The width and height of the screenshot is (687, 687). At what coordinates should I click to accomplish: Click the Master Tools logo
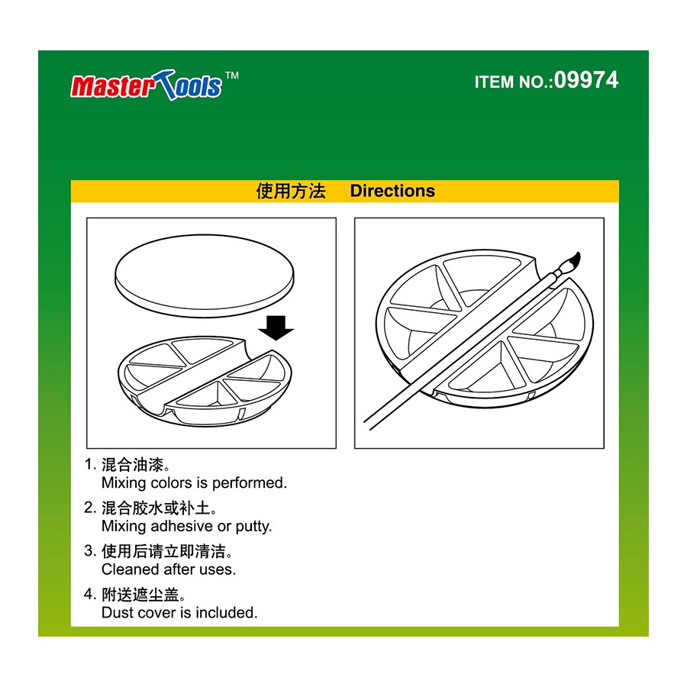coord(147,85)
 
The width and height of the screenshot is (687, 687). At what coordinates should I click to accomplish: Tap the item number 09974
coord(585,80)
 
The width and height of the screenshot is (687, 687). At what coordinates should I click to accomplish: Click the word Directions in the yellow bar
coord(392,191)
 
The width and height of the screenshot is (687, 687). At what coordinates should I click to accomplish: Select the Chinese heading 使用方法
coord(291,191)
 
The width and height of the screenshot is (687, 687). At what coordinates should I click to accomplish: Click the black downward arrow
coord(276,327)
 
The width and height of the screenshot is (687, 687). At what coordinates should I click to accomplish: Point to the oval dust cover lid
coord(204,276)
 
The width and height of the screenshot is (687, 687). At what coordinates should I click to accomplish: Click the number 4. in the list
coord(90,595)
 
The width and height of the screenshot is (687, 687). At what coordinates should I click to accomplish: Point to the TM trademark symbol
coord(232,76)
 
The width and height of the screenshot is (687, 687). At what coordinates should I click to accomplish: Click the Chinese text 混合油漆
coord(132,464)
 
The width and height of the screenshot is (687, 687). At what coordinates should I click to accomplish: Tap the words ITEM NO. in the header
coord(513,82)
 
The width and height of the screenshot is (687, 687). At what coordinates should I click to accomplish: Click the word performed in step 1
coord(249,483)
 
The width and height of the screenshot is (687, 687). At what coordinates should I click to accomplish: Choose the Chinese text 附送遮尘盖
coord(140,595)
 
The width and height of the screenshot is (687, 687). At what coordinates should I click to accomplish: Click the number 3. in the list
coord(90,551)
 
